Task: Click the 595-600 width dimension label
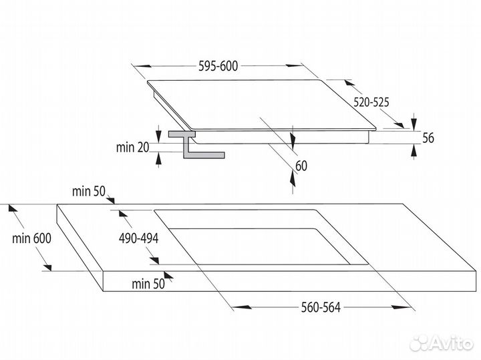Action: click(218, 65)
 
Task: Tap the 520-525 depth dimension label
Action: click(371, 102)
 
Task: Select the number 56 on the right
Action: click(429, 138)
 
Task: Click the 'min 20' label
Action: click(132, 148)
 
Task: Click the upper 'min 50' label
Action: click(90, 192)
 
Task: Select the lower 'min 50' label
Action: click(148, 284)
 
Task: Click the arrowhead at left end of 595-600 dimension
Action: click(139, 66)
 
